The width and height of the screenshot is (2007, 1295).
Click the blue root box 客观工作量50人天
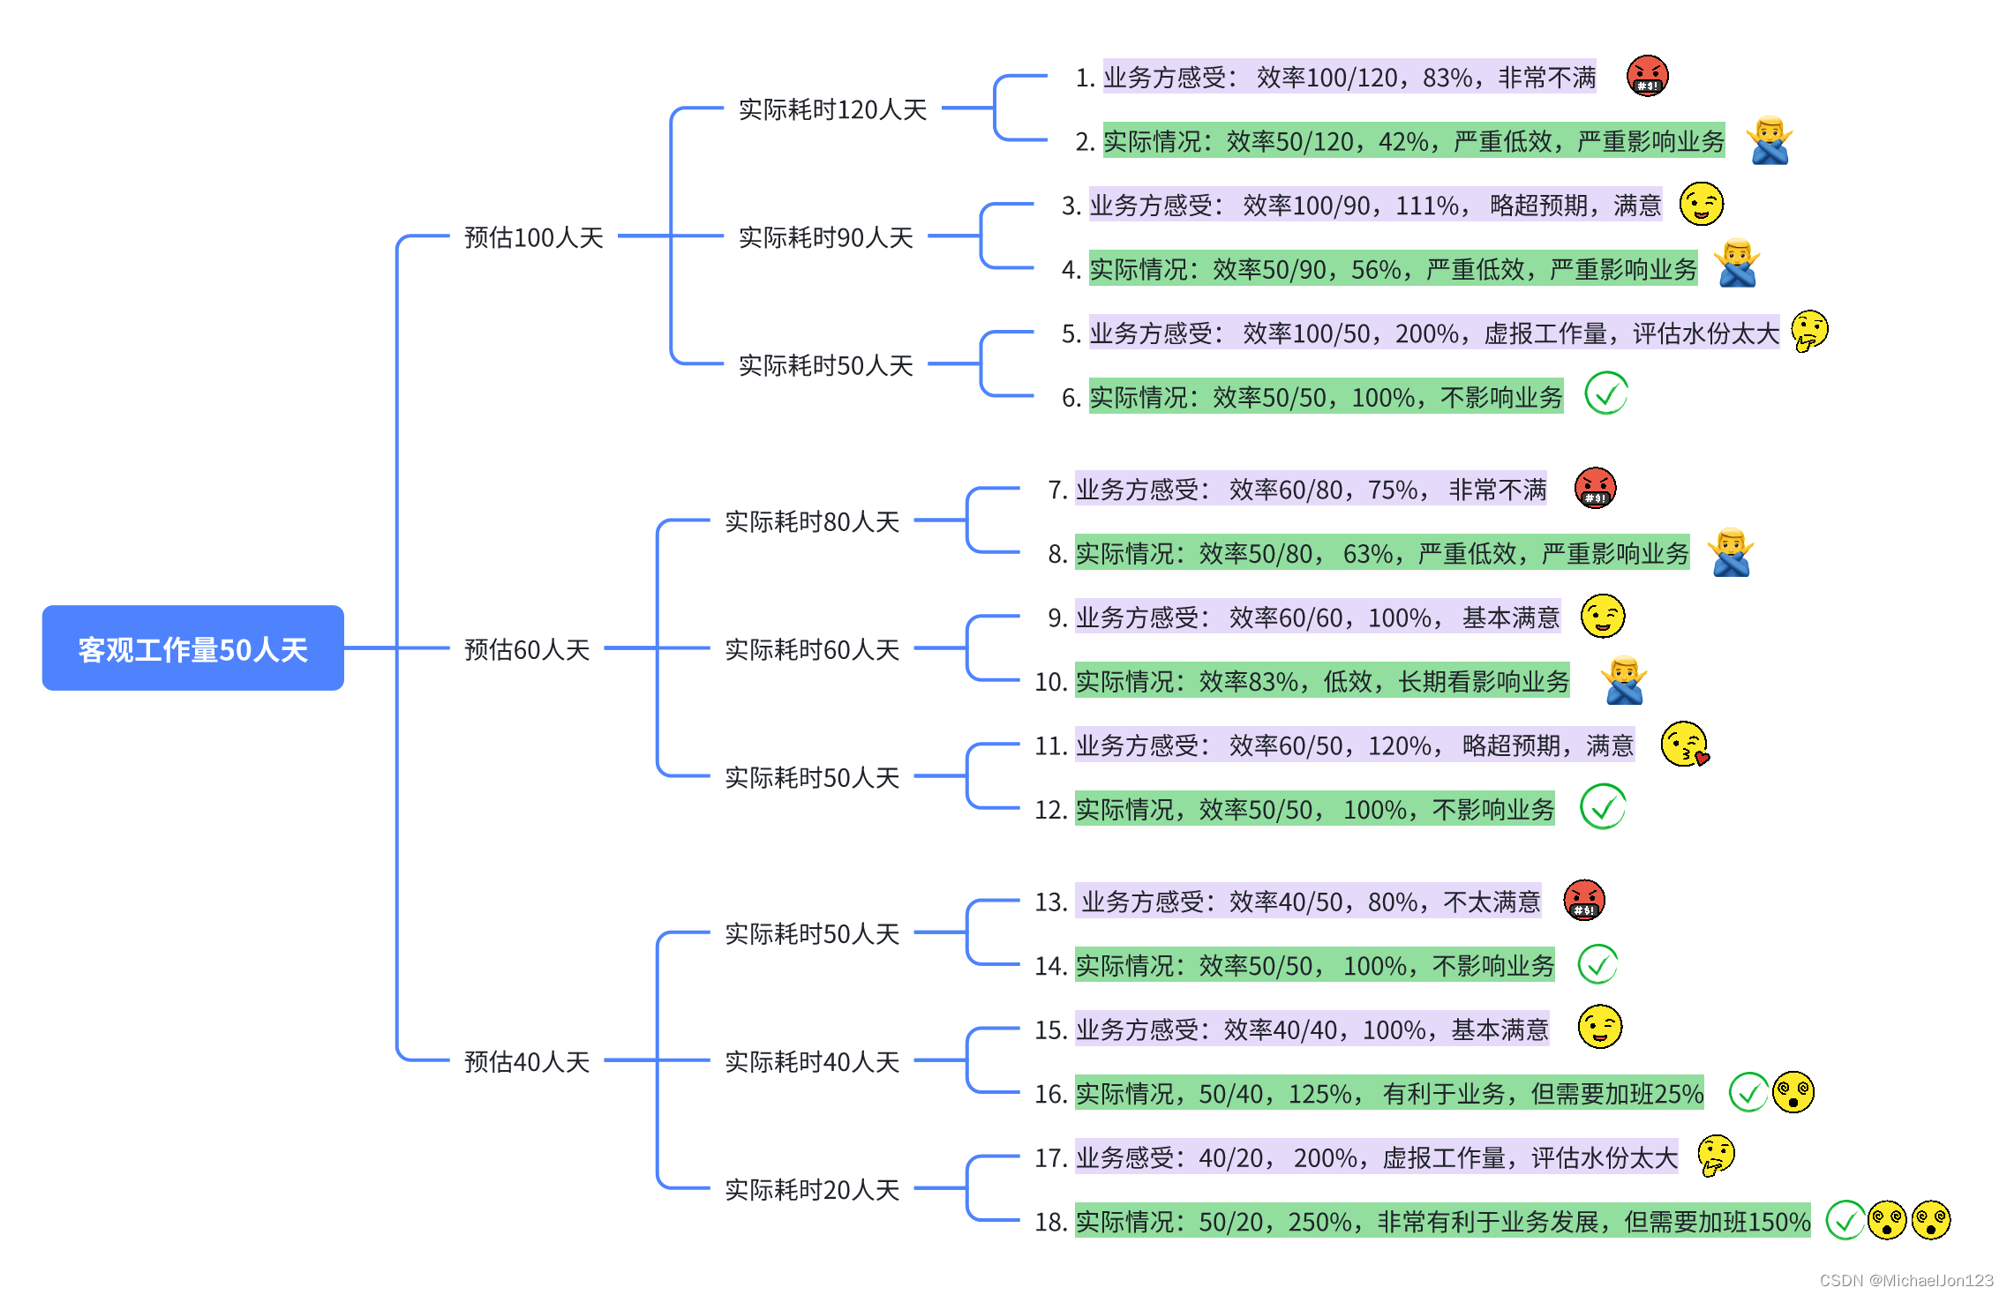pos(192,648)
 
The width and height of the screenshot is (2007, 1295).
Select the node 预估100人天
pos(533,237)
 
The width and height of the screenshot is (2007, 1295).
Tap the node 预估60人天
pos(526,649)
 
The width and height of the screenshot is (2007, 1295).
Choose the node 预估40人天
pos(526,1061)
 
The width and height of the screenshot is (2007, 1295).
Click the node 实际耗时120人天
pos(832,109)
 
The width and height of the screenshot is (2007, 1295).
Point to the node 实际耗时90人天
pos(825,237)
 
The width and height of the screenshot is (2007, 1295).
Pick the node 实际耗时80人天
pos(811,521)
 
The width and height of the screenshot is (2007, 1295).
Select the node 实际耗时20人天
pos(811,1189)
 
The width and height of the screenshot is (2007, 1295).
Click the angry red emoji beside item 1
pos(1647,76)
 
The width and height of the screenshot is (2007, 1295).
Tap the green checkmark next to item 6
pos(1605,393)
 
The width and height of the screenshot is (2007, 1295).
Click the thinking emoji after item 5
pos(1809,332)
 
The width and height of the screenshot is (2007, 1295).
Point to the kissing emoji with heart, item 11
pos(1684,745)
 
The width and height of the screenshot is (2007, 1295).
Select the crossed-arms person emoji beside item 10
pos(1624,681)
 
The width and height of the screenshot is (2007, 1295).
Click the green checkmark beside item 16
pos(1748,1093)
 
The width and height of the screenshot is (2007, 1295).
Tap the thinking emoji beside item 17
pos(1716,1156)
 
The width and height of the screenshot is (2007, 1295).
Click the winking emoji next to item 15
pos(1599,1028)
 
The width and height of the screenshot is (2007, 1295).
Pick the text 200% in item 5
pos(1426,333)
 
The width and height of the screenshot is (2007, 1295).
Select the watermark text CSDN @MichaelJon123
pos(1906,1280)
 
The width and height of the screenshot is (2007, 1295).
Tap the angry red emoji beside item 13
pos(1583,901)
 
